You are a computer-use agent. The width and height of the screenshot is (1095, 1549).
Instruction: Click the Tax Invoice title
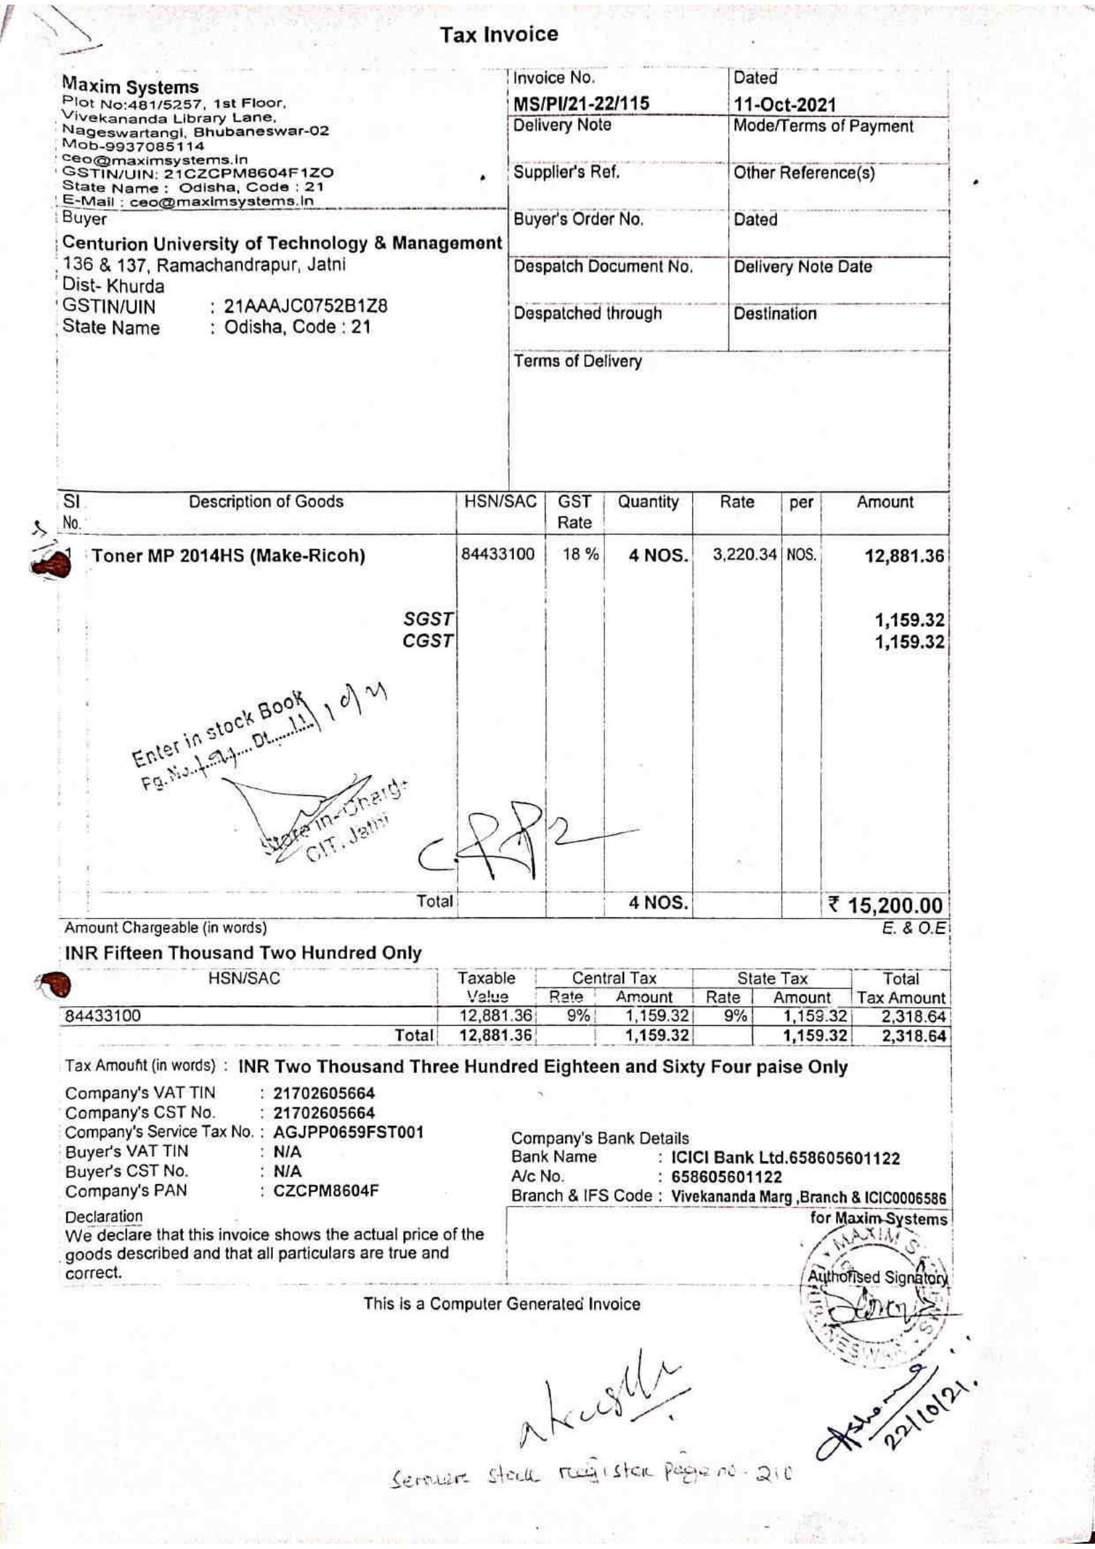[499, 34]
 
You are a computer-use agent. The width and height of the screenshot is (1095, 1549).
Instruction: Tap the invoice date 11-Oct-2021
[784, 105]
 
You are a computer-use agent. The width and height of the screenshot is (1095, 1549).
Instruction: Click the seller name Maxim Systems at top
[130, 86]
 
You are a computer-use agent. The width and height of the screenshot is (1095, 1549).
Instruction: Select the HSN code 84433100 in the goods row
[498, 554]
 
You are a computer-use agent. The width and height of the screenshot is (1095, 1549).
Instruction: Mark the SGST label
[428, 619]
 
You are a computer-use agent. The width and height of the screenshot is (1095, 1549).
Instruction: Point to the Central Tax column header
[613, 978]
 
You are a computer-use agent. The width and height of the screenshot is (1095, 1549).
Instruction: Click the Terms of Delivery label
[578, 362]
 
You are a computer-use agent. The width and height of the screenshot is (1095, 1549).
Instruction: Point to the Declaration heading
[104, 1217]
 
